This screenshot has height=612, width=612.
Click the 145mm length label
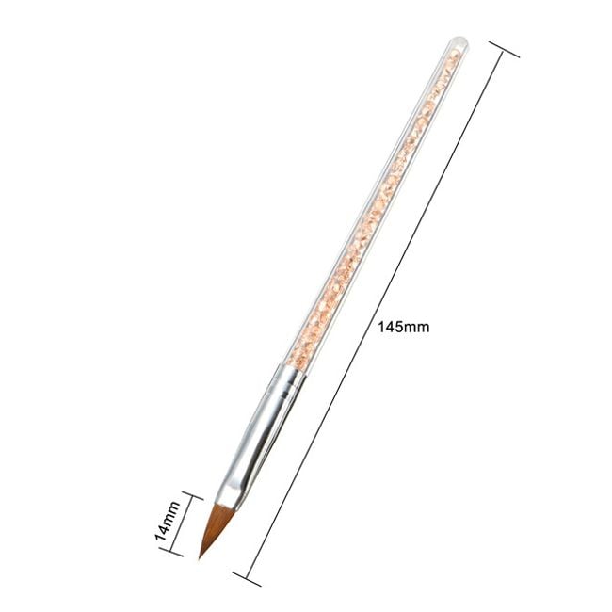tap(404, 327)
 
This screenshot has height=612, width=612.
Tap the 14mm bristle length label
tap(168, 521)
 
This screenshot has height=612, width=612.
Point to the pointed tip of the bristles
tap(200, 558)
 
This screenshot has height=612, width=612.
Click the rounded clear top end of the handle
tap(459, 43)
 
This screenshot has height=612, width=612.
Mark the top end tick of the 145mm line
tap(504, 49)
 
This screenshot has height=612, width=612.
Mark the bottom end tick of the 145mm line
tap(247, 578)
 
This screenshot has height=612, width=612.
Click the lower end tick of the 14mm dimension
tap(171, 551)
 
